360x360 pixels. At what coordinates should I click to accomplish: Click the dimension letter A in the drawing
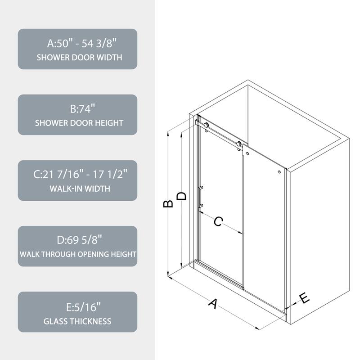click(214, 303)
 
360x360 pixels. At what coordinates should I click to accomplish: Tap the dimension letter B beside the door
click(168, 203)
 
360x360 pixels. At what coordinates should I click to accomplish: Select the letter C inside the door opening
click(218, 221)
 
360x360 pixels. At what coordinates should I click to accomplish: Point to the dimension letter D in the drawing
click(181, 196)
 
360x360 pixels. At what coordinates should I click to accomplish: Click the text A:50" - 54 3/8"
click(77, 44)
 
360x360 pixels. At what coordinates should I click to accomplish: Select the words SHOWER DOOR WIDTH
click(77, 58)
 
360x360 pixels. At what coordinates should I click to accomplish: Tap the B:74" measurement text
click(77, 109)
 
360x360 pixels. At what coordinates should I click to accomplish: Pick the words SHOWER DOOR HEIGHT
click(77, 123)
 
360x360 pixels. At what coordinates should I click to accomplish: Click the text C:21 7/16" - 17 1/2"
click(77, 175)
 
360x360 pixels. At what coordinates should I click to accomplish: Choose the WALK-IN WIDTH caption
click(77, 189)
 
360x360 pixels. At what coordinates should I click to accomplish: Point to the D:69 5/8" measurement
click(77, 241)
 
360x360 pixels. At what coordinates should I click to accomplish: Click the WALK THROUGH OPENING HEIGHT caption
click(77, 254)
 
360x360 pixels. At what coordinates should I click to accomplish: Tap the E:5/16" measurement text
click(77, 307)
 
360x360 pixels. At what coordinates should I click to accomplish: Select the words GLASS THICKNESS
click(77, 321)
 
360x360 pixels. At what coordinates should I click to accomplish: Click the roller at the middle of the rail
click(239, 144)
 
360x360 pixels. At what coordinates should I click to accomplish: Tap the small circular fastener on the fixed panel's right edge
click(279, 172)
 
